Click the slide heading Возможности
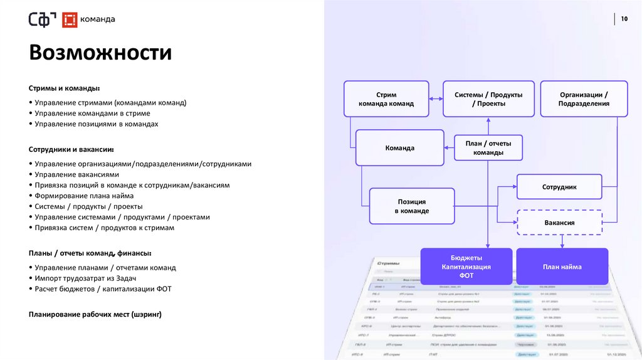coord(100,52)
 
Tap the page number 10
coord(624,19)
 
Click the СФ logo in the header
coord(43,19)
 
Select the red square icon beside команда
coord(70,19)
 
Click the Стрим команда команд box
coord(386,99)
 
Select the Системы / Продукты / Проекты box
coord(488,99)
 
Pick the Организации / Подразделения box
coord(584,99)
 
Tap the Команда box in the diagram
coord(399,148)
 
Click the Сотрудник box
coord(559,187)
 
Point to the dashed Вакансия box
coord(559,222)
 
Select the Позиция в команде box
coord(411,206)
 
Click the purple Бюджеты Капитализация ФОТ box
coord(466,267)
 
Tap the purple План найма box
coord(562,267)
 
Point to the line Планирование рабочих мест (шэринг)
coord(95,314)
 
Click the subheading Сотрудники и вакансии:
coord(71,150)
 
